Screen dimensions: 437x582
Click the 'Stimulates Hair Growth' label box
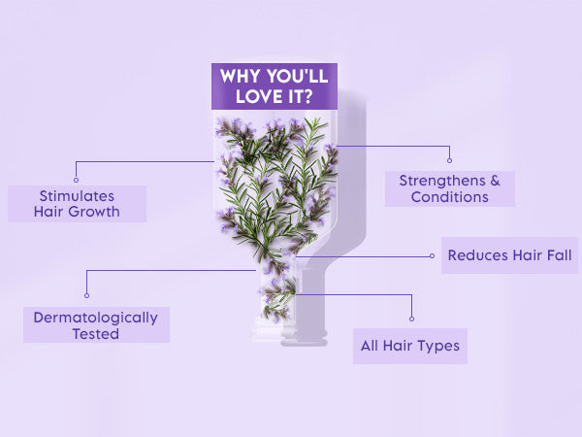(x=78, y=203)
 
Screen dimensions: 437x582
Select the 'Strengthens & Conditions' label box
(x=449, y=188)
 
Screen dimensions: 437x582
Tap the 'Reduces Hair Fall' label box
(x=509, y=255)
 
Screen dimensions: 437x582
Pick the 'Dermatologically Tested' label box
(x=95, y=325)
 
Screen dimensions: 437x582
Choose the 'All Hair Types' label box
(x=409, y=346)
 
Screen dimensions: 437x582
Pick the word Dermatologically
(x=95, y=317)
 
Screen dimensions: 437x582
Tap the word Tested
(x=95, y=334)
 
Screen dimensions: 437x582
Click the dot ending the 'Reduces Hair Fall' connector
(x=432, y=256)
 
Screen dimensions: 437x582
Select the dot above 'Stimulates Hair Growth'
(x=76, y=176)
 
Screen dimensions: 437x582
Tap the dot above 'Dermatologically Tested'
(x=87, y=294)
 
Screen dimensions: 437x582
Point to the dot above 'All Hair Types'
(x=411, y=319)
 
